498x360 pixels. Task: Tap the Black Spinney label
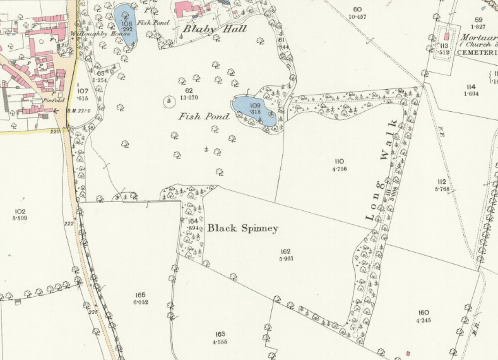coord(242,228)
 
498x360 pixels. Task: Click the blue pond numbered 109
coord(253,109)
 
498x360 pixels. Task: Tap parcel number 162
coord(286,251)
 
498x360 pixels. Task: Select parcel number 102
coord(19,212)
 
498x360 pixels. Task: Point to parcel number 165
coord(140,295)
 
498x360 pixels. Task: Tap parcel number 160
coord(423,313)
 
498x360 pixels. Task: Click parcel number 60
coord(359,9)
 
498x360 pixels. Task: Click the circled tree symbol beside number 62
coord(169,100)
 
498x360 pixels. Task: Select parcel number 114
coord(470,87)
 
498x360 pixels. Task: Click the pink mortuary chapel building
coord(446,36)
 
